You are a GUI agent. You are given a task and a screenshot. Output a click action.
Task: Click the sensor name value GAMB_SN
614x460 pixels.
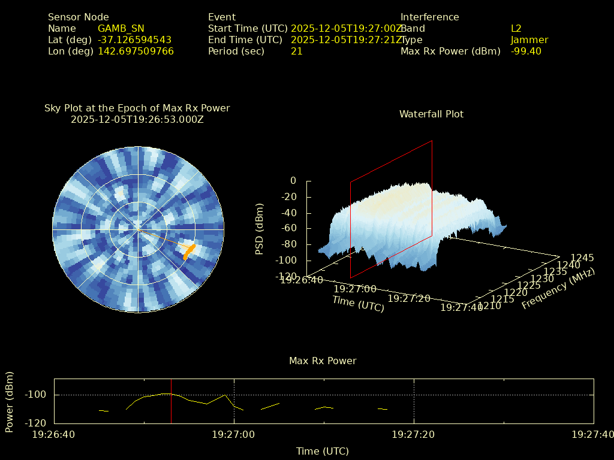point(121,29)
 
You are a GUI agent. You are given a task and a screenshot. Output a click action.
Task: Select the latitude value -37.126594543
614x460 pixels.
point(134,40)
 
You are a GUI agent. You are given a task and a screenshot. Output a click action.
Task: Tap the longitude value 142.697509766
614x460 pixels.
point(136,52)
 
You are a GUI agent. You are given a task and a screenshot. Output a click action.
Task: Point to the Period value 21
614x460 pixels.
point(296,52)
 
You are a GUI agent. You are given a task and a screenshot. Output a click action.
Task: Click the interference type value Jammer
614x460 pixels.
point(529,40)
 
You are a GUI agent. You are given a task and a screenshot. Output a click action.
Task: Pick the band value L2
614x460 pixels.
point(516,29)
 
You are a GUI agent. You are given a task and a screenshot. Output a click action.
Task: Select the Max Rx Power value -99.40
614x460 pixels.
point(526,52)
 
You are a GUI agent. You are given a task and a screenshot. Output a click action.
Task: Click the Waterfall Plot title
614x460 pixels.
point(431,114)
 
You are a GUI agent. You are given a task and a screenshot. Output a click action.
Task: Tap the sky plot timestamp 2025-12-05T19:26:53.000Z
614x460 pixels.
point(137,119)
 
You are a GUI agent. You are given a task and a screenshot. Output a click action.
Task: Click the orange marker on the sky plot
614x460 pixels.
point(189,249)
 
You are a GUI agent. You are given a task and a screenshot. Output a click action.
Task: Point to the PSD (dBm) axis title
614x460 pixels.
point(260,229)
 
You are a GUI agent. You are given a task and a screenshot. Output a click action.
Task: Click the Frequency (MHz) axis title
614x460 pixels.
point(558,289)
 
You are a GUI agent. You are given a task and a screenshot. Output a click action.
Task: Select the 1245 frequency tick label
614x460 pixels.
point(582,258)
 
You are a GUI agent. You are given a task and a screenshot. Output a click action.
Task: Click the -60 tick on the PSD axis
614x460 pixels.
point(288,229)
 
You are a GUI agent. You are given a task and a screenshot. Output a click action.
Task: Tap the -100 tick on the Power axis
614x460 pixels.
point(38,395)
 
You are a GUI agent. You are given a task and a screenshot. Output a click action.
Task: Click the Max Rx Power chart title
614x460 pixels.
point(323,361)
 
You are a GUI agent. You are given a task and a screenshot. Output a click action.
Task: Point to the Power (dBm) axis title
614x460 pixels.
point(10,401)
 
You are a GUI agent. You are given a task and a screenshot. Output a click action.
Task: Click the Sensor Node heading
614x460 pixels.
point(79,17)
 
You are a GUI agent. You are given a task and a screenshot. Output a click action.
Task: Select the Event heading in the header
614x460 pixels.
point(222,17)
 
